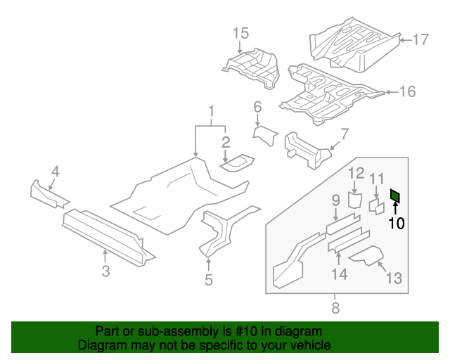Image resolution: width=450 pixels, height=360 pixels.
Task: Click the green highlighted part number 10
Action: click(x=395, y=195)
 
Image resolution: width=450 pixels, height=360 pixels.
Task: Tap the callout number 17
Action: click(x=420, y=40)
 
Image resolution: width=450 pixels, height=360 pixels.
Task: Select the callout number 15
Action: click(x=240, y=33)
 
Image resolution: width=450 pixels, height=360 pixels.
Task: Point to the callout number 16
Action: click(x=407, y=91)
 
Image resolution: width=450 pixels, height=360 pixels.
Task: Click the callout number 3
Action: click(x=105, y=271)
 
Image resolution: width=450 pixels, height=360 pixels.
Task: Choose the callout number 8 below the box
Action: click(x=335, y=307)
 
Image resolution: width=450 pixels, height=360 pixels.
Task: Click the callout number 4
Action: click(x=55, y=170)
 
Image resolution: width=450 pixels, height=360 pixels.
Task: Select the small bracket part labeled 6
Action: click(x=266, y=134)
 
